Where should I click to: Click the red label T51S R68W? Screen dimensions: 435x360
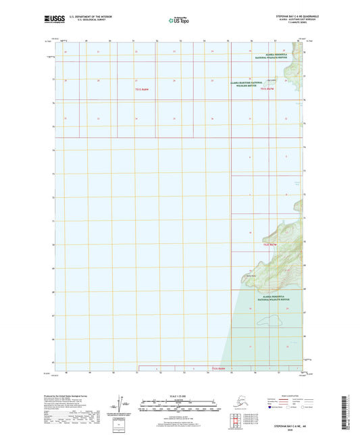pos(141,89)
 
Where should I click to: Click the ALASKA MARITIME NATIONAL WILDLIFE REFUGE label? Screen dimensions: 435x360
pos(249,84)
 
